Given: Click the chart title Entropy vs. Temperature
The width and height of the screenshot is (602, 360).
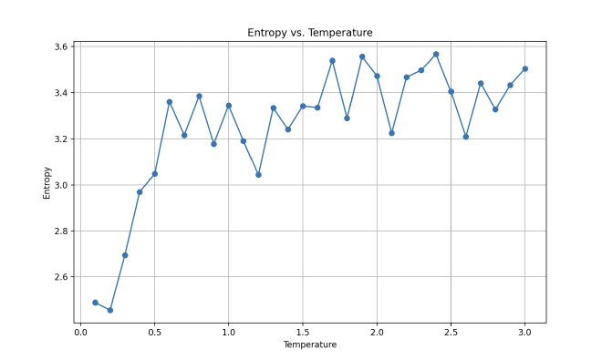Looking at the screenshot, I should [310, 33].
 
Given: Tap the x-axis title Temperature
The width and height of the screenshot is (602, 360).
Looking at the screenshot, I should [310, 345].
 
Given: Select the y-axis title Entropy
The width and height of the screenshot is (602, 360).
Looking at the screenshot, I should [47, 182].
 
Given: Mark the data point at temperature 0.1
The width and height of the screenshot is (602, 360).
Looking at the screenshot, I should [95, 303].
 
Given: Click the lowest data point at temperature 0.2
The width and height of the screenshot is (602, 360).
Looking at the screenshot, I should [110, 310].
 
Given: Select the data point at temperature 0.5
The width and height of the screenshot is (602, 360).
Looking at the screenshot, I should [154, 173].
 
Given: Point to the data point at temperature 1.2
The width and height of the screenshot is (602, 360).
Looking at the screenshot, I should [258, 174].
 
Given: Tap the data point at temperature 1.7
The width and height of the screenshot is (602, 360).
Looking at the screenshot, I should [332, 60].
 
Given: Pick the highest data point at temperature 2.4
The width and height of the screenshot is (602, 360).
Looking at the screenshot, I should [436, 54].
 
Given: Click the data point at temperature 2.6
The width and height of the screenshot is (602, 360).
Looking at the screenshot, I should [465, 137].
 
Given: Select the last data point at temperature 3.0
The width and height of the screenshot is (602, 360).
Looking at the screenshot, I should [524, 68].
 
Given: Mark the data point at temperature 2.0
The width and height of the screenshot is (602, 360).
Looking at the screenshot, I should [377, 76].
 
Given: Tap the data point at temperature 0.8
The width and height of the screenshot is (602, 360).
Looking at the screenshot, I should [199, 96].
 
